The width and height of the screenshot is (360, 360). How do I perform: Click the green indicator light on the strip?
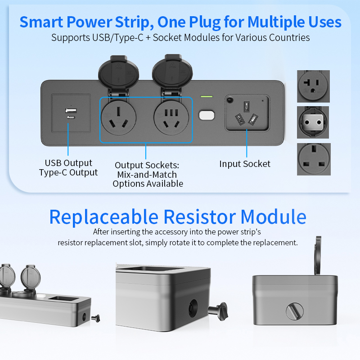point(207,96)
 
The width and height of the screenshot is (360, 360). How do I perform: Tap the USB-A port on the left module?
point(71,110)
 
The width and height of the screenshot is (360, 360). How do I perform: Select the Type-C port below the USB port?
point(71,117)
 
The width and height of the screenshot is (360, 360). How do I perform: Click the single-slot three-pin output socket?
point(119,118)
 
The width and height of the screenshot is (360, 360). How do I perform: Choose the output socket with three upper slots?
point(171,118)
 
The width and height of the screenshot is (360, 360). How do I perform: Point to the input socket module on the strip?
point(247,113)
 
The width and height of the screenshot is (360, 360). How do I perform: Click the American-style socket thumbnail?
point(313,86)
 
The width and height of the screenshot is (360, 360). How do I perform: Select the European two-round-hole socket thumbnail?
point(313,122)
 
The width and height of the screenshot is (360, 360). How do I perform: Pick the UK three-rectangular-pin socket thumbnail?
point(314,159)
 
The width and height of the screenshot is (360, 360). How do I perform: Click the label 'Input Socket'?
point(245,164)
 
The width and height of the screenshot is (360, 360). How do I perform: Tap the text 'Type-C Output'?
point(68,172)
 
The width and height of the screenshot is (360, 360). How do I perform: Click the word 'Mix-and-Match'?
point(147,175)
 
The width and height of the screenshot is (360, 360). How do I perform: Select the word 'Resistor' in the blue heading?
point(200,217)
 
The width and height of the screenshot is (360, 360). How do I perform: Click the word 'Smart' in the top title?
point(41,22)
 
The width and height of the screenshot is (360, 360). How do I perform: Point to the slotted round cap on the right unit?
point(295,311)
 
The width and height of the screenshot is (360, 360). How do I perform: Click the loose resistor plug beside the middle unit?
point(218,311)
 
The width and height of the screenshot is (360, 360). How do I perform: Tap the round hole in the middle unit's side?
point(193,308)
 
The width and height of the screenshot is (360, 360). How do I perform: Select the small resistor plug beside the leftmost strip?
point(96,318)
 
